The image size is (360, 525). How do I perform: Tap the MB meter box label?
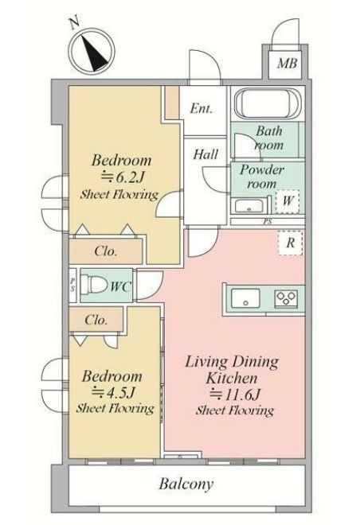point(287,63)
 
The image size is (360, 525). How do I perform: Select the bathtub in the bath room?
point(268,103)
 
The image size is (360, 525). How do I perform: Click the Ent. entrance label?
point(202,108)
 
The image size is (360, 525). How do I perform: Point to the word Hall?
point(205,154)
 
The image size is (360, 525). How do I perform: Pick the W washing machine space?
point(288,201)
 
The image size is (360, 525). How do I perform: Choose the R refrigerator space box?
point(290,243)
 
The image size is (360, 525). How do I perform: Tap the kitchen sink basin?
point(246,297)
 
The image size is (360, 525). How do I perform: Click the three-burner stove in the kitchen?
point(286,297)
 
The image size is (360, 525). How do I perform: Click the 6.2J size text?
point(123,177)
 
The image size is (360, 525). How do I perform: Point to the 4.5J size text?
point(114,392)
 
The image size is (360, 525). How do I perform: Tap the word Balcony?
point(186,484)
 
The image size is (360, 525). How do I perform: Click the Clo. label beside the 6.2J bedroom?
point(106,251)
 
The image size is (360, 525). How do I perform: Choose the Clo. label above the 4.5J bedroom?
point(96,320)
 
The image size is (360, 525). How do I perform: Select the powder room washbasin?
point(248,205)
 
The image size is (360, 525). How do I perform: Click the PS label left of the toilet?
point(72,285)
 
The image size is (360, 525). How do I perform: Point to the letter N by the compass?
point(74,22)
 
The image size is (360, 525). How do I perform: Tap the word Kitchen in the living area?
point(232,378)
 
